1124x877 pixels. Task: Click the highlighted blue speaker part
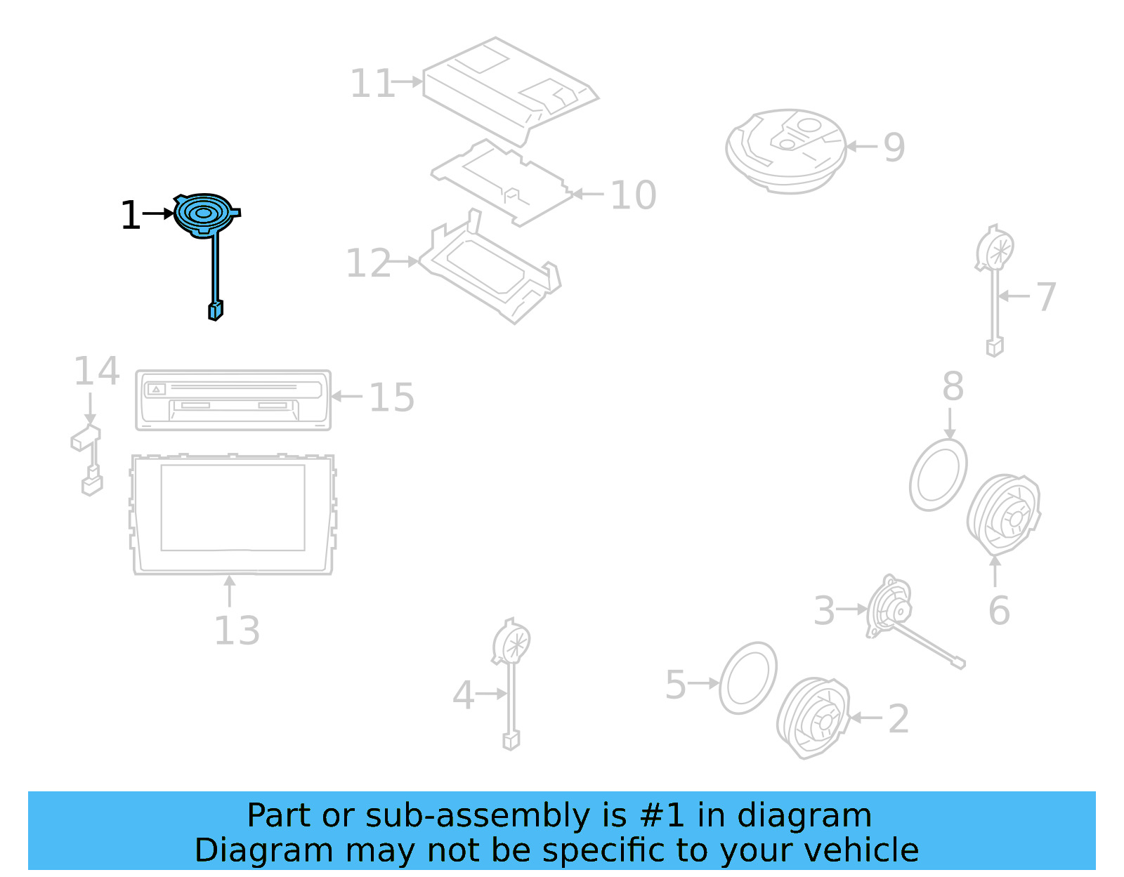click(x=203, y=213)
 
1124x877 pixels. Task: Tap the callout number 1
click(x=131, y=215)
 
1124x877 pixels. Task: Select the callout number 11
click(x=372, y=84)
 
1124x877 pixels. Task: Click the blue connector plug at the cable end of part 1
click(x=216, y=310)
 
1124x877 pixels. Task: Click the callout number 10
click(x=633, y=194)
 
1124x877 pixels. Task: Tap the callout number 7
click(x=1046, y=296)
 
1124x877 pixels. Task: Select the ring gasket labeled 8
click(x=938, y=475)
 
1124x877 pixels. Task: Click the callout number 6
click(x=999, y=610)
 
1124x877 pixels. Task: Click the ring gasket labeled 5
click(x=749, y=678)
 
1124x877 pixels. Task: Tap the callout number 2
click(x=898, y=719)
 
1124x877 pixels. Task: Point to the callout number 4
click(x=463, y=695)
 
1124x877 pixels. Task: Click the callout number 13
click(x=237, y=631)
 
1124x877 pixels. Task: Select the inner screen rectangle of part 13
click(x=233, y=507)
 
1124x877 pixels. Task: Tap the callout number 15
click(x=391, y=397)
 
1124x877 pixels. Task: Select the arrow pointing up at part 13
click(x=230, y=590)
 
